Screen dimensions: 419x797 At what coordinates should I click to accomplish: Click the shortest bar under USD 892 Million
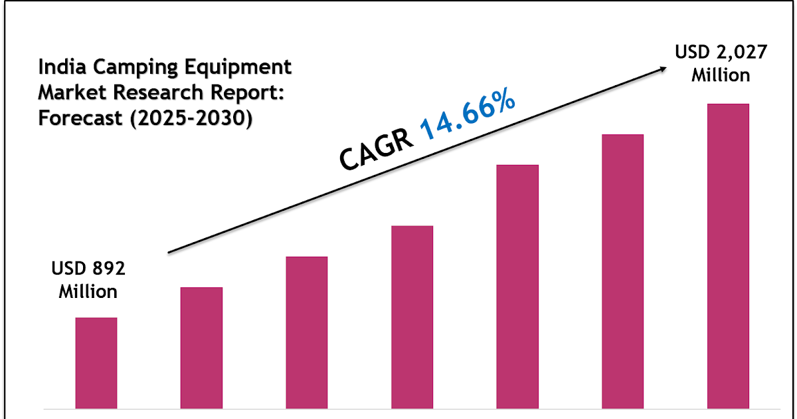[x=96, y=362]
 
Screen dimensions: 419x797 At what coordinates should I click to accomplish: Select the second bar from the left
[x=201, y=347]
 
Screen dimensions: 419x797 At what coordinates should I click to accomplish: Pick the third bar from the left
[x=307, y=332]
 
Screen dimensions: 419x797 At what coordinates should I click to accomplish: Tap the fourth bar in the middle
[x=412, y=317]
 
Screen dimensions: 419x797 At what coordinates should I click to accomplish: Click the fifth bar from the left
[x=517, y=286]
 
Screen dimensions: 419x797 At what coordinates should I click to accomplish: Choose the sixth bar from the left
[x=622, y=271]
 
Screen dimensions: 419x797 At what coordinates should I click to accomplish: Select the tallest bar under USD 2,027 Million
[x=728, y=255]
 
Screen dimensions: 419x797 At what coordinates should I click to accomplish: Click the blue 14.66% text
[x=468, y=116]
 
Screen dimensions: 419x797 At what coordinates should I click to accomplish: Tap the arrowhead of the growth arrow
[x=662, y=68]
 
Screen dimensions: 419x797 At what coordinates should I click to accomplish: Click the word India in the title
[x=56, y=67]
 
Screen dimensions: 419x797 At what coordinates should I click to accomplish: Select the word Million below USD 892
[x=88, y=291]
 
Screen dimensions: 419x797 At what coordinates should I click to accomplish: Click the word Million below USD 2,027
[x=721, y=74]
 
